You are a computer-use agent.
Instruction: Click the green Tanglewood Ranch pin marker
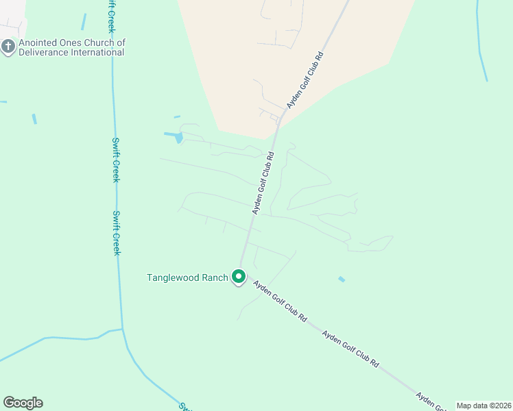click(239, 277)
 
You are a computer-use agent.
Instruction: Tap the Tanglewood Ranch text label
click(187, 277)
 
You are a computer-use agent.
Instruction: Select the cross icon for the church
click(8, 47)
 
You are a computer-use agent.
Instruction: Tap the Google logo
click(23, 403)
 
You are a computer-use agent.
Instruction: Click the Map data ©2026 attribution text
click(484, 406)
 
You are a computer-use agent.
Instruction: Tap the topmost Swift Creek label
click(110, 16)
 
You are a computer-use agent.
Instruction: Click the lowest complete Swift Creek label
click(117, 233)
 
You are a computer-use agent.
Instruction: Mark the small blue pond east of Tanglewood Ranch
click(342, 279)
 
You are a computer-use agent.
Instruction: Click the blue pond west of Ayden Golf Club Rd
click(178, 137)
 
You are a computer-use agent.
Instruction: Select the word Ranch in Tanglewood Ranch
click(213, 277)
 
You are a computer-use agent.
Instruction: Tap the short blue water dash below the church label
click(34, 119)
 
